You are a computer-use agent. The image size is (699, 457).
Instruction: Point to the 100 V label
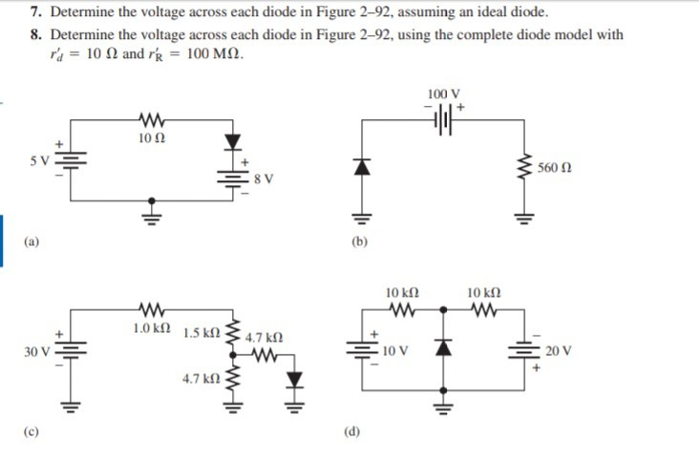444,94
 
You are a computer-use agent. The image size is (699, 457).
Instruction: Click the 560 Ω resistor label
554,168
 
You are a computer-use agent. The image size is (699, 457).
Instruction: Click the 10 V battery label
394,350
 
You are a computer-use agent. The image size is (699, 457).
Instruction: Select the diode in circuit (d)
442,349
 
